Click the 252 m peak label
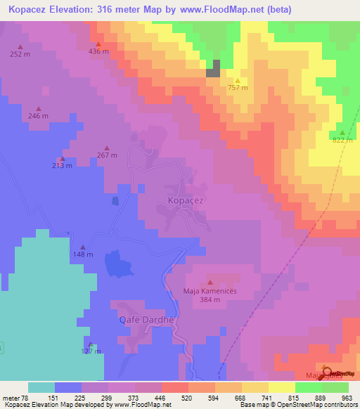[x=20, y=54]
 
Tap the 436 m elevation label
[x=98, y=52]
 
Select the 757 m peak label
[x=238, y=88]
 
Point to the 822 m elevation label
[x=342, y=141]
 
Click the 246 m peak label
[x=38, y=116]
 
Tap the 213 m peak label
[x=62, y=166]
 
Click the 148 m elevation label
[x=83, y=254]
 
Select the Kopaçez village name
[x=186, y=200]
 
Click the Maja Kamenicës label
[x=210, y=290]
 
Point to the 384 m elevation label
[x=210, y=300]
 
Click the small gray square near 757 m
[x=213, y=68]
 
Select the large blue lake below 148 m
[x=117, y=266]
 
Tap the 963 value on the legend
[x=347, y=398]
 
